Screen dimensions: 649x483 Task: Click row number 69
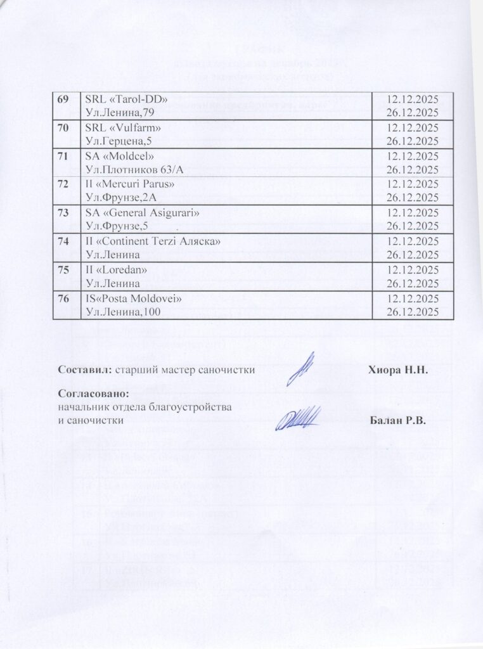(x=63, y=100)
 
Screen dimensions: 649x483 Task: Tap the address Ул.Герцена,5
(x=118, y=141)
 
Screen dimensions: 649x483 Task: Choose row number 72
(x=63, y=184)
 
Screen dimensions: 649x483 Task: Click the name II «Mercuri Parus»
(x=129, y=184)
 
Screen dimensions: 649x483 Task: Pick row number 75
(x=63, y=269)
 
